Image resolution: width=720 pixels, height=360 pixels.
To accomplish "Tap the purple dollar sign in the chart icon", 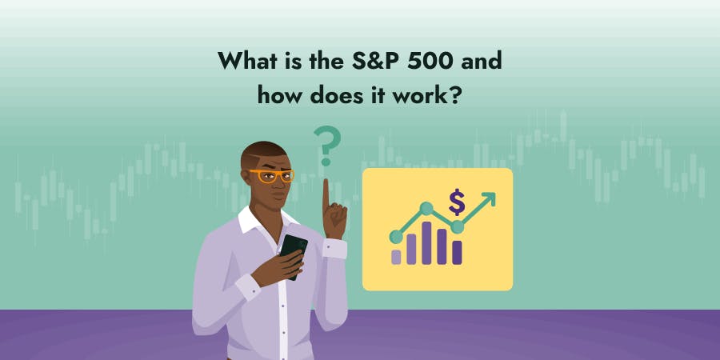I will point(457,202).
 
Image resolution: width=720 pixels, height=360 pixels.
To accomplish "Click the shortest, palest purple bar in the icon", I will point(396,256).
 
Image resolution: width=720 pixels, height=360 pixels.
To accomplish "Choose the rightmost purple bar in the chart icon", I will point(457,251).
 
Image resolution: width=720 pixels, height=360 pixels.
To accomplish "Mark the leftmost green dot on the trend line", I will point(395,237).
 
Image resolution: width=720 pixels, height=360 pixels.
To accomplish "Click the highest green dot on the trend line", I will point(426,209).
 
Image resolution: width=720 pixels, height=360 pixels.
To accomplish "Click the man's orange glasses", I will point(271,174).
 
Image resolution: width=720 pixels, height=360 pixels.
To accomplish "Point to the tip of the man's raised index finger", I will point(326,183).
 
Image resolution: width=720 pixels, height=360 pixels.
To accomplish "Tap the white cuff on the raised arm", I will point(335,249).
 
